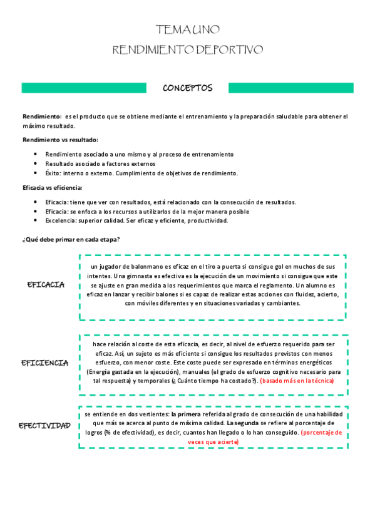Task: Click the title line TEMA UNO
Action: (x=187, y=30)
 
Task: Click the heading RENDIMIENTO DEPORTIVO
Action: (x=187, y=49)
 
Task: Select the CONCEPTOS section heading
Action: (x=187, y=88)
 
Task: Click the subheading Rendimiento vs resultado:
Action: (x=60, y=140)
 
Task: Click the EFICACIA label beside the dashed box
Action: (x=46, y=284)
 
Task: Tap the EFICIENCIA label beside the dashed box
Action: (x=44, y=363)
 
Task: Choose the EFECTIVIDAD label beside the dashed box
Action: (x=44, y=426)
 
